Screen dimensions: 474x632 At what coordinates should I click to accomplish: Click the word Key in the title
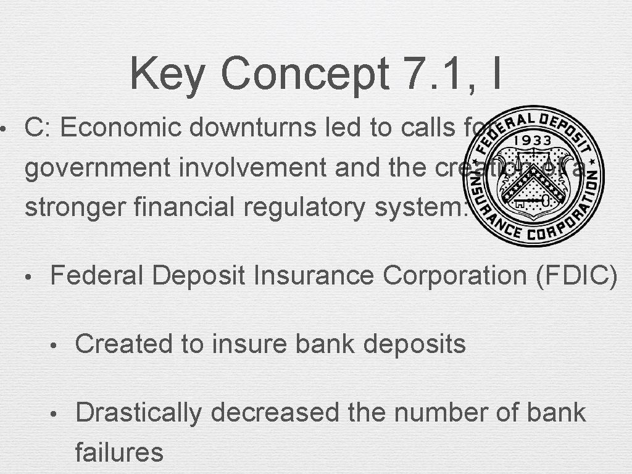[x=167, y=73]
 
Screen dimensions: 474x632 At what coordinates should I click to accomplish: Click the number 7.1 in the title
[x=425, y=73]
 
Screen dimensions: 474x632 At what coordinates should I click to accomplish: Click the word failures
[x=118, y=452]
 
